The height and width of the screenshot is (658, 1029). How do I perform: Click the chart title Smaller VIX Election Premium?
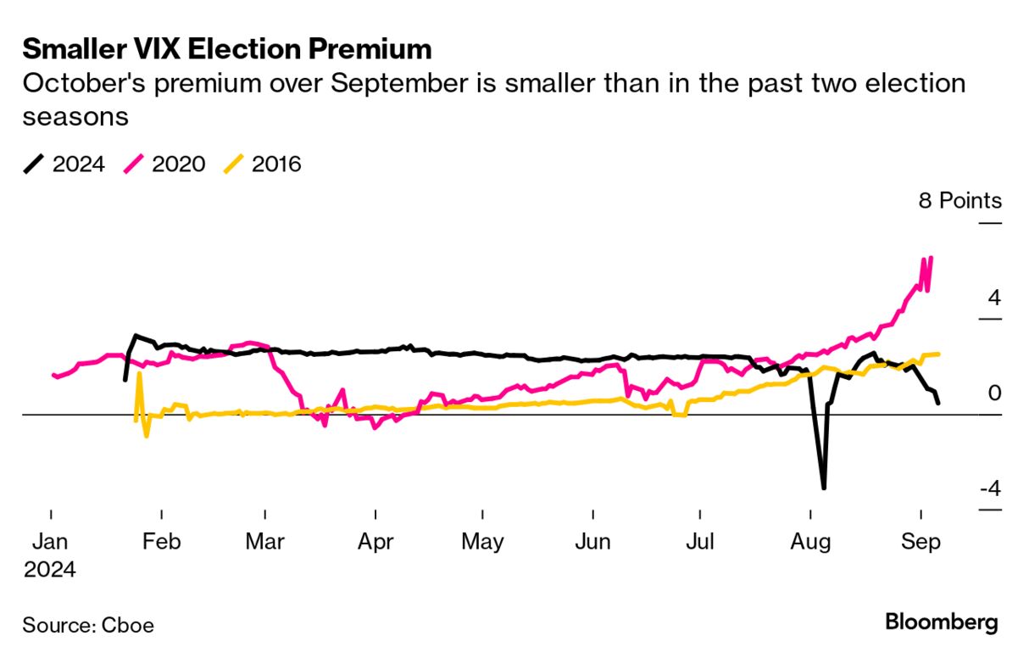[x=227, y=49]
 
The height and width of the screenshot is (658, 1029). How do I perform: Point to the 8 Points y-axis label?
[x=959, y=201]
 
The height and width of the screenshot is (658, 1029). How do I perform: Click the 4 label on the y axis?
[x=993, y=298]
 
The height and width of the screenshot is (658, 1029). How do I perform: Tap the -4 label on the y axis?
[x=988, y=488]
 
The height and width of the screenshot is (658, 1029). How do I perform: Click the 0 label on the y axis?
[x=994, y=393]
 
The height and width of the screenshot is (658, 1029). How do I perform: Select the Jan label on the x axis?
[x=52, y=542]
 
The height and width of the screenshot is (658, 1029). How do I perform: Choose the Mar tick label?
[x=265, y=542]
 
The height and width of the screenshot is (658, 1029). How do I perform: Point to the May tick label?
[x=482, y=542]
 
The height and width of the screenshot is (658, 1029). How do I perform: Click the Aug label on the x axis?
[x=810, y=542]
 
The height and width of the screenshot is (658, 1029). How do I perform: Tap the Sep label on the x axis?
[x=921, y=542]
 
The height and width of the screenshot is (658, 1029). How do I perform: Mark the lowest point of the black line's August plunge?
[x=823, y=488]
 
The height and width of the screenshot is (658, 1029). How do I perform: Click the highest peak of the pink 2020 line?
[x=931, y=258]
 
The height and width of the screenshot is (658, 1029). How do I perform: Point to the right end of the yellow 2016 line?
[x=938, y=354]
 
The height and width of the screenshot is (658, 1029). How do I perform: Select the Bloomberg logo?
[x=942, y=622]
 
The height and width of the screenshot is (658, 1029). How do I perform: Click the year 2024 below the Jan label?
[x=50, y=570]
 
